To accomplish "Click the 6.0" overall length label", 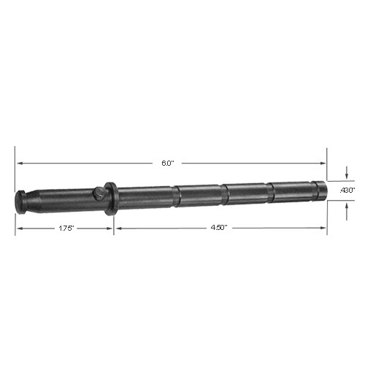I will click(167, 163).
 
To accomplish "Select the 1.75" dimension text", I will click(64, 228).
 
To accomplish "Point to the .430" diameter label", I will click(347, 190).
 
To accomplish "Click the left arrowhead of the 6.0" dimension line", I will click(19, 163).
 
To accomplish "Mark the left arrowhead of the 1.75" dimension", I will click(19, 228).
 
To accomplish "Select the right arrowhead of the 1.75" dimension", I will click(109, 228).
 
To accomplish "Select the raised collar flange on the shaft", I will click(110, 199).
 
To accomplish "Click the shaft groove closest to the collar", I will click(177, 193).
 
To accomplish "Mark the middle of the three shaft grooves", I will click(225, 192).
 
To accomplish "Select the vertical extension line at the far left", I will click(15, 190).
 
